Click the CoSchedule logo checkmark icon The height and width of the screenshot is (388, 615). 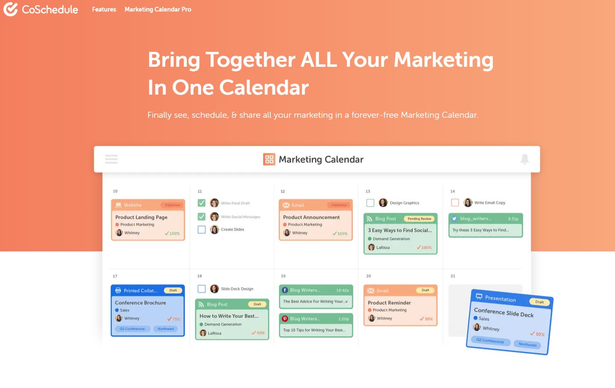point(10,9)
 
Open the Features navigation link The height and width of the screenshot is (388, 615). point(104,9)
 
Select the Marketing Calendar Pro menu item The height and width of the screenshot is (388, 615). point(158,9)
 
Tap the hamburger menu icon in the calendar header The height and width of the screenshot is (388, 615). point(111,159)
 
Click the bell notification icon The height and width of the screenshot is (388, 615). point(525,159)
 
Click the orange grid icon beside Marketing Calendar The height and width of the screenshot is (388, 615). point(269,159)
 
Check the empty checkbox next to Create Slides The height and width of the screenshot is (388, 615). point(202,230)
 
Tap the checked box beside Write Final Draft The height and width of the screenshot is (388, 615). point(202,203)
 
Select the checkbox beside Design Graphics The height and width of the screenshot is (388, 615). point(370,203)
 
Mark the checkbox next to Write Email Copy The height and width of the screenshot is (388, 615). point(455,203)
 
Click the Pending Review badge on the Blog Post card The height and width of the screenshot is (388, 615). point(419,219)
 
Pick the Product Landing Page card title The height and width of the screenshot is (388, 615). point(141,217)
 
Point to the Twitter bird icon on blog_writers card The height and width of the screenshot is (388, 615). point(454,218)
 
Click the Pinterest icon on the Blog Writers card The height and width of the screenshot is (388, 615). point(285,319)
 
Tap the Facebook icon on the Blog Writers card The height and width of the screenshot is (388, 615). point(285,290)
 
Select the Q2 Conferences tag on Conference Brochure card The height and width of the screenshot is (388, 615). point(132,329)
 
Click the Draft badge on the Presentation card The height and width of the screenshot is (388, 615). point(539,302)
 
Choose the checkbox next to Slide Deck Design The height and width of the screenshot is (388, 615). point(202,289)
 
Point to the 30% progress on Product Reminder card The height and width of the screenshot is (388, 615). point(426,319)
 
